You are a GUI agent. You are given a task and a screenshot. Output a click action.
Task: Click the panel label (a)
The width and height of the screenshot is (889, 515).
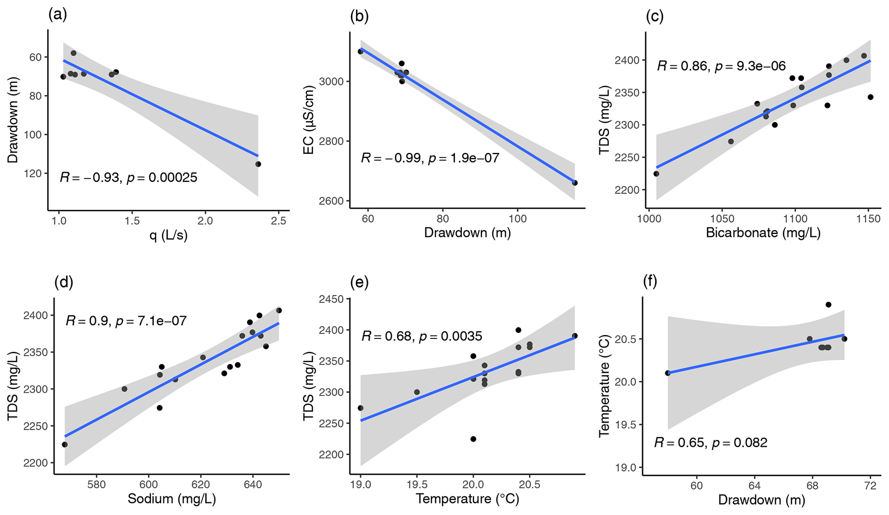(58, 15)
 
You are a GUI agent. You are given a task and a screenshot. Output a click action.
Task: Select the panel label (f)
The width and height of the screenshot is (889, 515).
(650, 282)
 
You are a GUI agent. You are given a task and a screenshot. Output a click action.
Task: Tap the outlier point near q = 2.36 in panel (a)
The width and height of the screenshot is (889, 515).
(258, 164)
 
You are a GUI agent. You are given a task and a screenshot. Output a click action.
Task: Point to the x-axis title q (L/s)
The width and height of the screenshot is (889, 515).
(169, 235)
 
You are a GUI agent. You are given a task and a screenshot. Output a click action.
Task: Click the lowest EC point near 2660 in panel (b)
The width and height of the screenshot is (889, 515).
(575, 183)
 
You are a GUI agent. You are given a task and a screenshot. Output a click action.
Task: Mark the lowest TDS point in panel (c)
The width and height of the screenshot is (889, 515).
(656, 174)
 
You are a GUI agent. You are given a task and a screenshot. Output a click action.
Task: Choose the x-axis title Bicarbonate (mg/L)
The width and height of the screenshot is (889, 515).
(763, 233)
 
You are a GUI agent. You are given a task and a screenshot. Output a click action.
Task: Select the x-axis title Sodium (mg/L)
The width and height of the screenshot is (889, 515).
(172, 499)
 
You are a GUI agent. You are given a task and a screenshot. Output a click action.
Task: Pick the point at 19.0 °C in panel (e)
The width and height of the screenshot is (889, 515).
(360, 408)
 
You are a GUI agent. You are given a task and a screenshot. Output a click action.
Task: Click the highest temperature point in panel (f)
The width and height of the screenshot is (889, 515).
(828, 305)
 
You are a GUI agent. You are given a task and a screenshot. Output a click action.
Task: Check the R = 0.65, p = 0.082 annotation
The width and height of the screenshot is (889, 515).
(711, 442)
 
